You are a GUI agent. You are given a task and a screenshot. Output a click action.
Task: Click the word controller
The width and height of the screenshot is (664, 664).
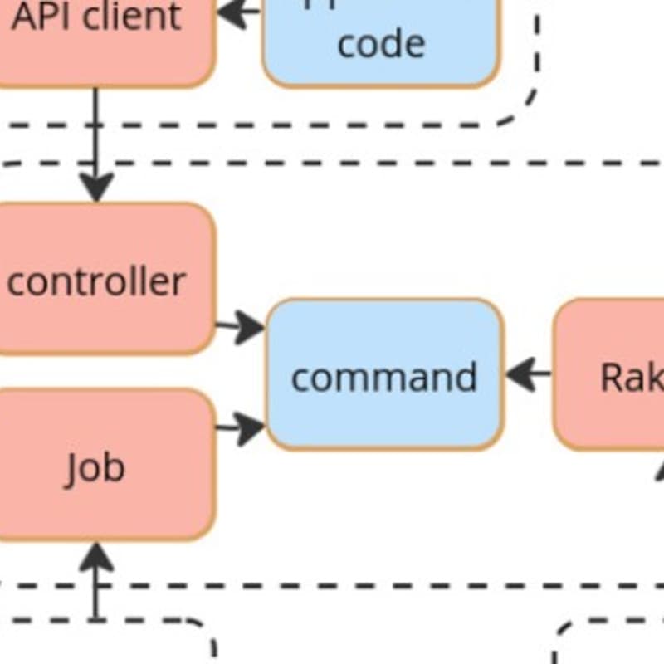click(x=95, y=282)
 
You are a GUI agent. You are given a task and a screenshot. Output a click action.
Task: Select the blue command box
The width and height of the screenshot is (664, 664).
click(x=384, y=374)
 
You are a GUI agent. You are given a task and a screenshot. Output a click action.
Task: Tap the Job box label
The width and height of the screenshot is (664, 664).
click(x=95, y=467)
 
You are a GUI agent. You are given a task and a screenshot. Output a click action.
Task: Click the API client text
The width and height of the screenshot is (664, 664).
click(x=95, y=17)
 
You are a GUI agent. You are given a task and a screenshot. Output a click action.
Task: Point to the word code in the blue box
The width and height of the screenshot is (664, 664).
click(x=381, y=43)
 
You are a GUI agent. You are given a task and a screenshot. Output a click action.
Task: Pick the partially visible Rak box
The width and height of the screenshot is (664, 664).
click(x=610, y=375)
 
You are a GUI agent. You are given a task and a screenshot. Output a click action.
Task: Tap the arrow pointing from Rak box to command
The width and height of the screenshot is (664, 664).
click(x=526, y=374)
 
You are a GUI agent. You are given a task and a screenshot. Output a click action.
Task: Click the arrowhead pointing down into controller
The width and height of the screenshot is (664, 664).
click(x=96, y=188)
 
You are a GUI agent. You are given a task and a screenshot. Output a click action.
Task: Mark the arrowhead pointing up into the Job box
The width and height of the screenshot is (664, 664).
click(x=96, y=556)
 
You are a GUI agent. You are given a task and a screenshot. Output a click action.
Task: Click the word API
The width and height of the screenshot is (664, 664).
click(x=37, y=17)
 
